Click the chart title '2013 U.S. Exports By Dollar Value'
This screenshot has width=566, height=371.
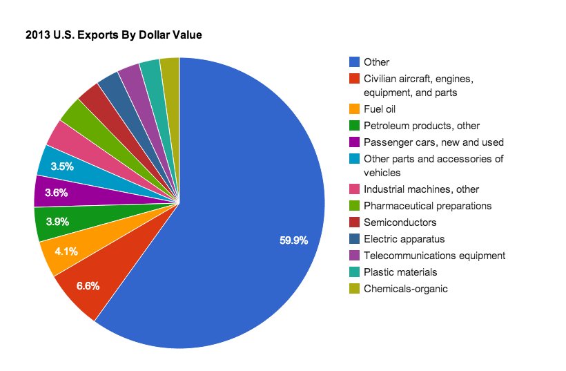[113, 33]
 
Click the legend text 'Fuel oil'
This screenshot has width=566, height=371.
[379, 108]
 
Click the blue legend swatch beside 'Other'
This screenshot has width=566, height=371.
[355, 62]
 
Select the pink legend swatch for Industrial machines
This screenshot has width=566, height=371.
[355, 189]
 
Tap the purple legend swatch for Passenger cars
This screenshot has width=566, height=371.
[355, 142]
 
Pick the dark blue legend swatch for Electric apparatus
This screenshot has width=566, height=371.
[355, 239]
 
